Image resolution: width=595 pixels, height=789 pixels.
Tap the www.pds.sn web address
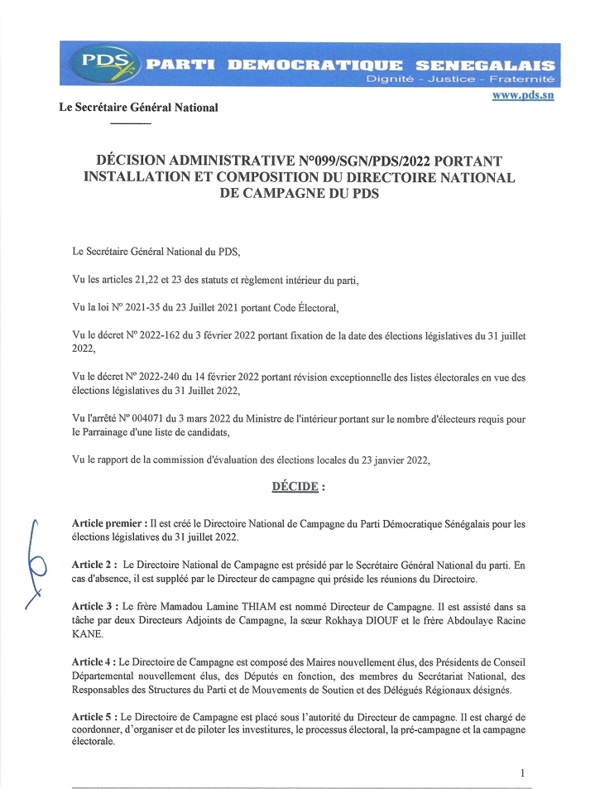coord(523,96)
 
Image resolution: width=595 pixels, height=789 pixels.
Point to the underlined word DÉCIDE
coord(295,487)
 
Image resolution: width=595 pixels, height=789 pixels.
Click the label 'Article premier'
coord(108,523)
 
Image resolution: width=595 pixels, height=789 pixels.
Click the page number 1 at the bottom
coord(523,772)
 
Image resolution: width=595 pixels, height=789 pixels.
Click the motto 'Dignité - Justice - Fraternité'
coord(460,79)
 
